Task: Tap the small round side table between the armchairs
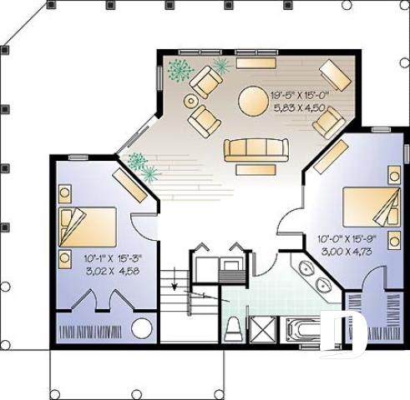click(190, 102)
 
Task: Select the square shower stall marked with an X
click(263, 329)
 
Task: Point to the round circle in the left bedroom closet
click(142, 328)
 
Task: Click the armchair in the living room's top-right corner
click(333, 77)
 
